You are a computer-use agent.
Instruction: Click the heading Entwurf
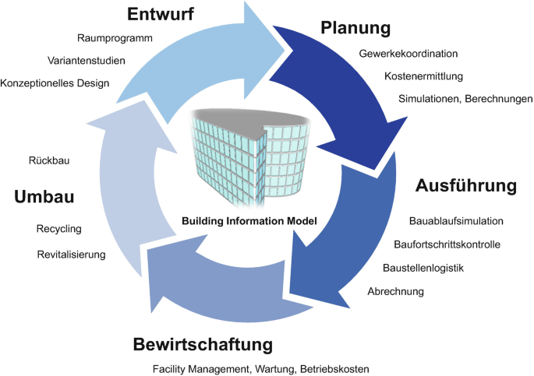coord(161,14)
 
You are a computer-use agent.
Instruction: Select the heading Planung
coord(355,28)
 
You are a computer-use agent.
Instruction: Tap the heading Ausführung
coord(466,186)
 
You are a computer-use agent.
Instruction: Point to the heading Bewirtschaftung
coord(203,345)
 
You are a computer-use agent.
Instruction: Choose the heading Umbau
coord(44,197)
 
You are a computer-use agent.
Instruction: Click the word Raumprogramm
coord(115,38)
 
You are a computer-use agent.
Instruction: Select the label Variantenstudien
coord(87,61)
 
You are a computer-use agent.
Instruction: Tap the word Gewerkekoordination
coord(408,54)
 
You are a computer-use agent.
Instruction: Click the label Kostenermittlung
coord(423,76)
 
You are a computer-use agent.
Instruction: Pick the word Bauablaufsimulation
coord(456,221)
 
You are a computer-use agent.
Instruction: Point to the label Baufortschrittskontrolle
coord(447,244)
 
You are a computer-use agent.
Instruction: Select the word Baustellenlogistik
coord(423,268)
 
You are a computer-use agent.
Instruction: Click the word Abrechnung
coord(396,291)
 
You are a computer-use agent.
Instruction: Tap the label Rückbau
coord(49,160)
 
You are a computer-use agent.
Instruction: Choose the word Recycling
coord(59,229)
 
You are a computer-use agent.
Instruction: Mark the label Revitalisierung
coord(72,255)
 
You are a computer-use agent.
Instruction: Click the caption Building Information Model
coord(249,221)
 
